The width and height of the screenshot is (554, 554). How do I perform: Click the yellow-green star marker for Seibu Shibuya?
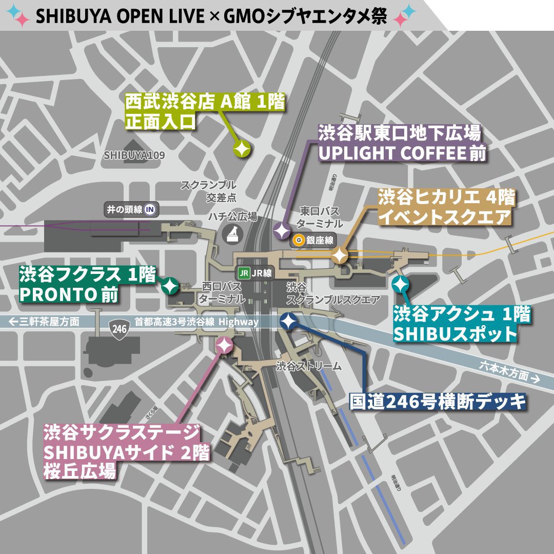click(242, 149)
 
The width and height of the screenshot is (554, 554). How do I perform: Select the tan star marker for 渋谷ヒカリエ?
click(340, 254)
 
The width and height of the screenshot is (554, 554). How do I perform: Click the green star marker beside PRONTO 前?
click(170, 285)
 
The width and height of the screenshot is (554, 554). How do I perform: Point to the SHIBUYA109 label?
click(134, 155)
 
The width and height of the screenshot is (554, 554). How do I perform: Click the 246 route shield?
click(119, 327)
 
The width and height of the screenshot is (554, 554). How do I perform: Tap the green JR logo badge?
click(243, 273)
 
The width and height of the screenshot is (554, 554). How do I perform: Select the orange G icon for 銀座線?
click(298, 240)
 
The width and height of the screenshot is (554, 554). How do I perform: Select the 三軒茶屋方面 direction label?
click(45, 322)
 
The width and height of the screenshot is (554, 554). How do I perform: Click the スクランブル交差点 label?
click(208, 190)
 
